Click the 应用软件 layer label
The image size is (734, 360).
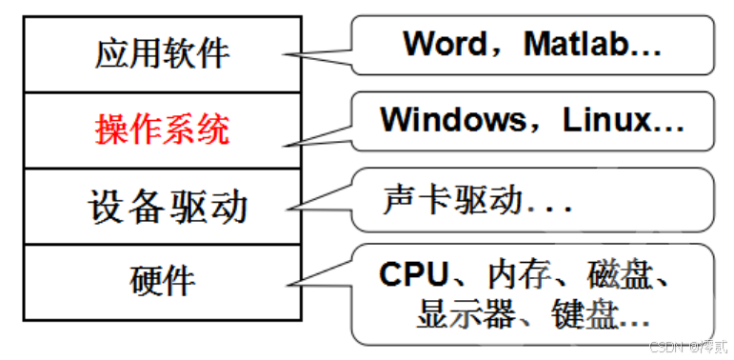[x=163, y=52]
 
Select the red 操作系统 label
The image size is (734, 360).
[x=163, y=129]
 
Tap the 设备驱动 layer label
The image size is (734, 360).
[x=163, y=205]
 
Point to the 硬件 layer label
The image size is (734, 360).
[x=163, y=280]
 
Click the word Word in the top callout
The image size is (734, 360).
[x=449, y=43]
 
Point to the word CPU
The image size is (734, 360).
[x=413, y=274]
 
